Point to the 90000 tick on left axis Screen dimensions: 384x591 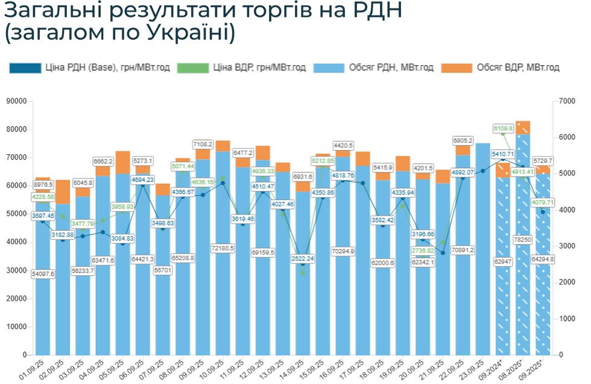point(16,101)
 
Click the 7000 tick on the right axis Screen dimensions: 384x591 point(567,101)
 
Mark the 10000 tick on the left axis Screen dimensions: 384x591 point(16,327)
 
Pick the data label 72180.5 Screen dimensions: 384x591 point(222,248)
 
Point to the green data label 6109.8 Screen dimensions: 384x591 point(503,128)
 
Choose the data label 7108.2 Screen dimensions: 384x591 point(203,144)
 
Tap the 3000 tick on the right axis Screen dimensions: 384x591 point(567,246)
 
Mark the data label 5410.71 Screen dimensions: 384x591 point(502,154)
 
